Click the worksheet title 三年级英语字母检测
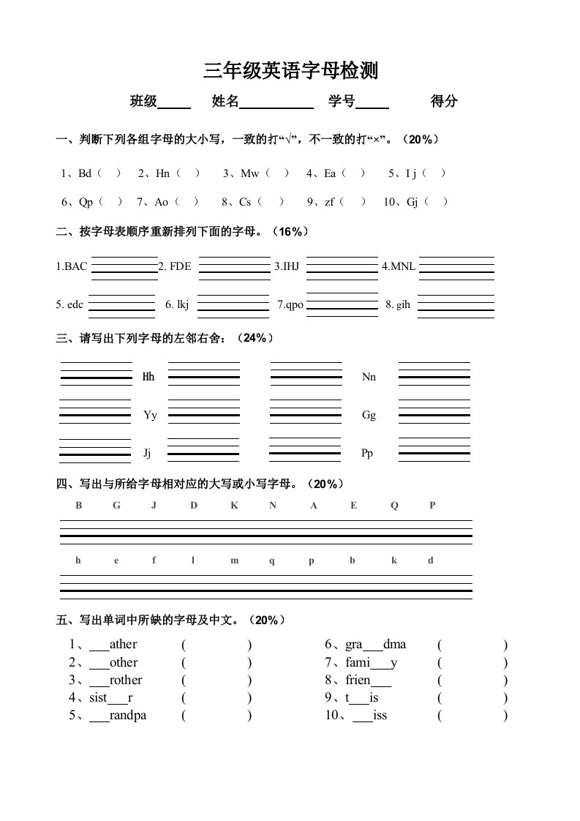click(290, 71)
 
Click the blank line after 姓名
click(276, 103)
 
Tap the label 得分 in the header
click(444, 102)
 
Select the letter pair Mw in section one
click(250, 173)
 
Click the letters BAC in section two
click(75, 266)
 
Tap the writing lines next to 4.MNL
click(456, 267)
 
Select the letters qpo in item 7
click(294, 304)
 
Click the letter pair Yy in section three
click(150, 415)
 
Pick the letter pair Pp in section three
click(368, 454)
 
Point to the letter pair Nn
click(369, 377)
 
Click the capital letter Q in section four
click(394, 505)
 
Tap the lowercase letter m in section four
click(235, 561)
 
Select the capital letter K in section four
click(234, 505)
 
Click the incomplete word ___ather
click(113, 645)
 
